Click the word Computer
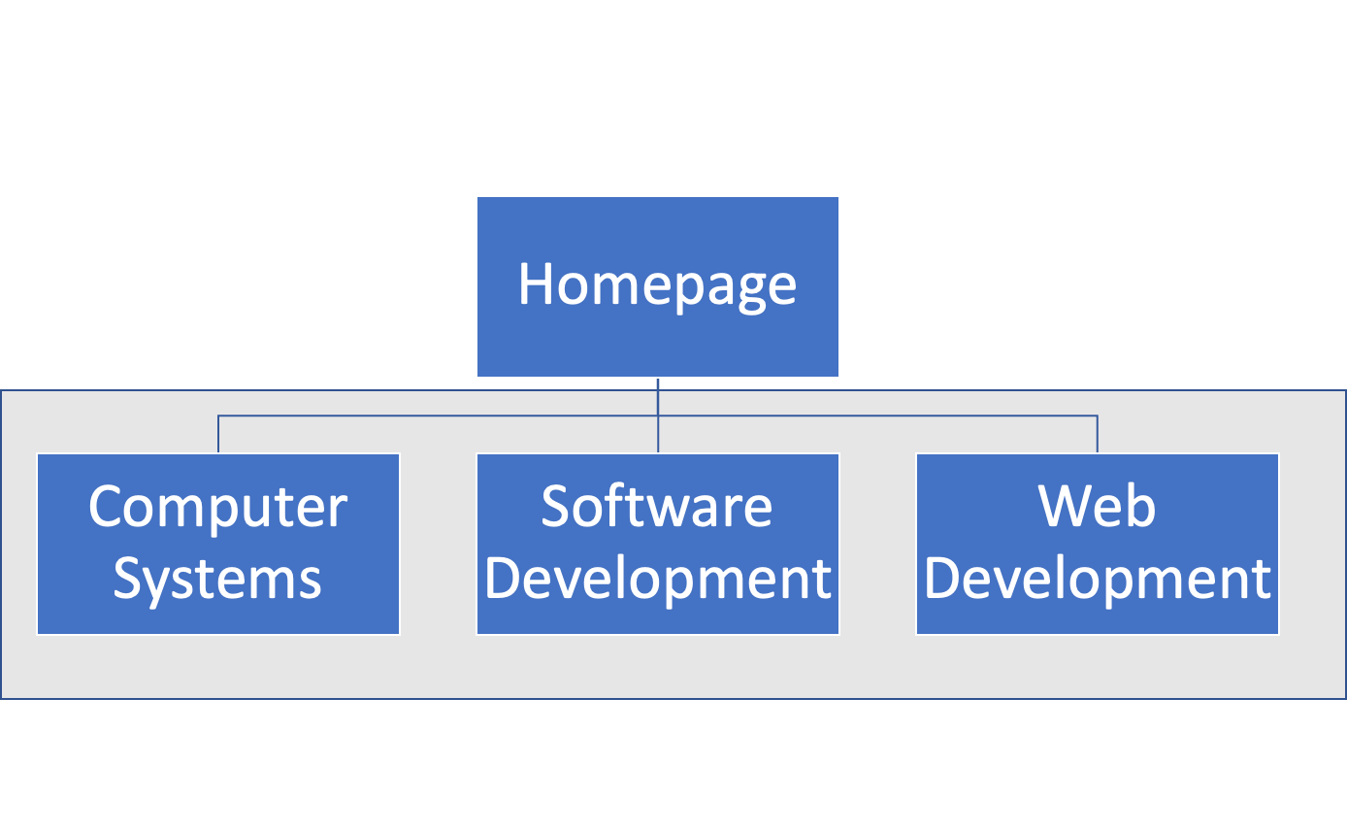[x=217, y=507]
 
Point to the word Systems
[x=217, y=579]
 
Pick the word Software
[x=657, y=507]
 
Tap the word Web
[x=1097, y=507]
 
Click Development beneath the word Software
[x=657, y=579]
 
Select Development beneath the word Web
[x=1097, y=579]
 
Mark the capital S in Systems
[x=126, y=579]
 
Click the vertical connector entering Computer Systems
[x=218, y=435]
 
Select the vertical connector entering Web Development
[x=1098, y=435]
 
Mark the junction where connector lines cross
[x=658, y=416]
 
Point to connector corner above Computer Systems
[x=218, y=416]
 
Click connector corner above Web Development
[x=1098, y=416]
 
